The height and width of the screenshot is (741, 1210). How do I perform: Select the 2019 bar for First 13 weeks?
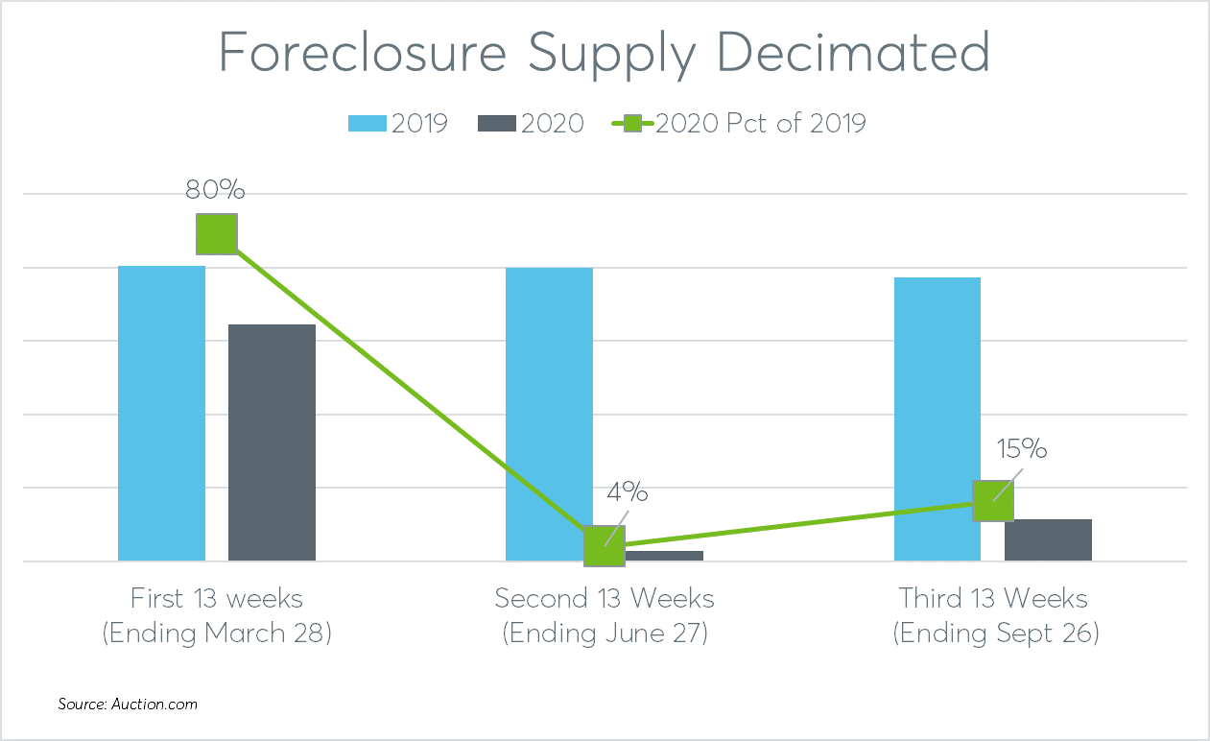pyautogui.click(x=161, y=413)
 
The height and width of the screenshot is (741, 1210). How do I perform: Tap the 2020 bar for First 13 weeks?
pyautogui.click(x=272, y=442)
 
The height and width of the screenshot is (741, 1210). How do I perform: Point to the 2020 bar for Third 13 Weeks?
pyautogui.click(x=1048, y=539)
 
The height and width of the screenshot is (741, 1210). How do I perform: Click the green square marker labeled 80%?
pyautogui.click(x=217, y=234)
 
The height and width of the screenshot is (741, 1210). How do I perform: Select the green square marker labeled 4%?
pyautogui.click(x=605, y=546)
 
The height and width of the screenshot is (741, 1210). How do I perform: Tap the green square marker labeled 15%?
pyautogui.click(x=993, y=501)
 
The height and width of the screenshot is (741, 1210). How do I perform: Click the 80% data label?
pyautogui.click(x=216, y=190)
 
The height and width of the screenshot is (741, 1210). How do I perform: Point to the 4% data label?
pyautogui.click(x=627, y=493)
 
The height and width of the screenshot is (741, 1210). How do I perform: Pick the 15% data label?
pyautogui.click(x=1020, y=449)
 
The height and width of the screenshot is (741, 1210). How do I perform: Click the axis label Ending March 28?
pyautogui.click(x=217, y=634)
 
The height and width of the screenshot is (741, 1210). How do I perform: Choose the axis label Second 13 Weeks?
pyautogui.click(x=605, y=599)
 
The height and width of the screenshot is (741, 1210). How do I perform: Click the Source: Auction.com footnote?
pyautogui.click(x=128, y=705)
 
